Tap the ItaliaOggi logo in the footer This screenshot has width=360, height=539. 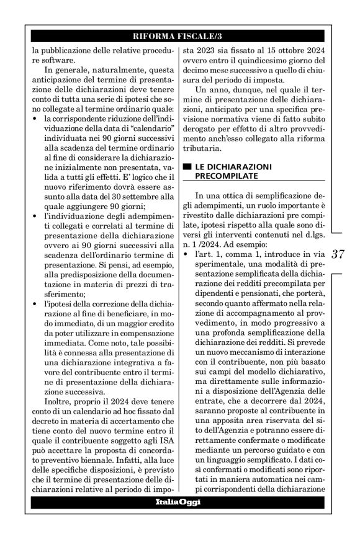(178, 501)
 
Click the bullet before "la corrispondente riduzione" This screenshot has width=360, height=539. (34, 118)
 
